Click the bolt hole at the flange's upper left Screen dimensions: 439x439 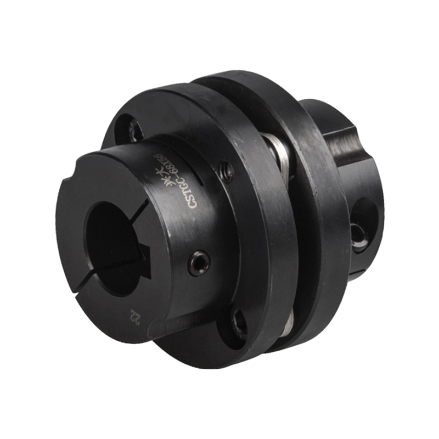coord(133,130)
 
